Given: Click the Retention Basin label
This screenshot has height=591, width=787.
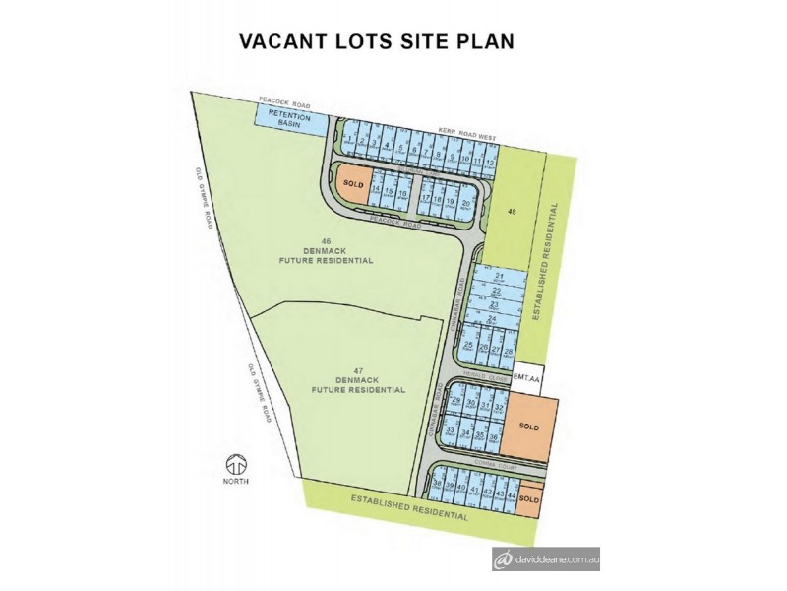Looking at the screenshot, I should pos(290,121).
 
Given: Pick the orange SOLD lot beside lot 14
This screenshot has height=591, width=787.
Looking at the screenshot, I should pos(351,184).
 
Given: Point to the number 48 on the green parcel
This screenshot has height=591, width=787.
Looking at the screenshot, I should pos(512,212).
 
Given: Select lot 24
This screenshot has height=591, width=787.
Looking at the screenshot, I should pos(492,319).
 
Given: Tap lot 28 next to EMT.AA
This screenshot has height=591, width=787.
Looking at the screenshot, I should pos(509,351).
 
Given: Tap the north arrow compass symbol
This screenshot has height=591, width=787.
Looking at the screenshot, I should pos(235,464).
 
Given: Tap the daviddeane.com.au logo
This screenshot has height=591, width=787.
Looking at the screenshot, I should pos(547,559).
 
